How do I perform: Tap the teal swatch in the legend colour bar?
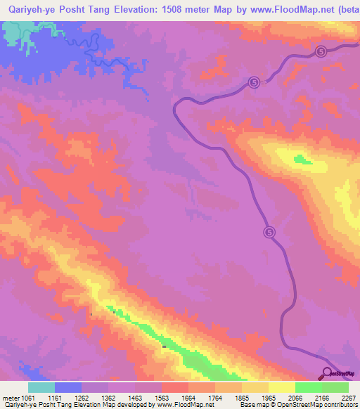tap(41, 387)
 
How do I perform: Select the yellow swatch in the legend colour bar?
tap(282, 387)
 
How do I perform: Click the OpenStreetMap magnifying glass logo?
tap(326, 373)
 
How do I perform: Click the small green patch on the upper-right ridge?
tap(303, 160)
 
